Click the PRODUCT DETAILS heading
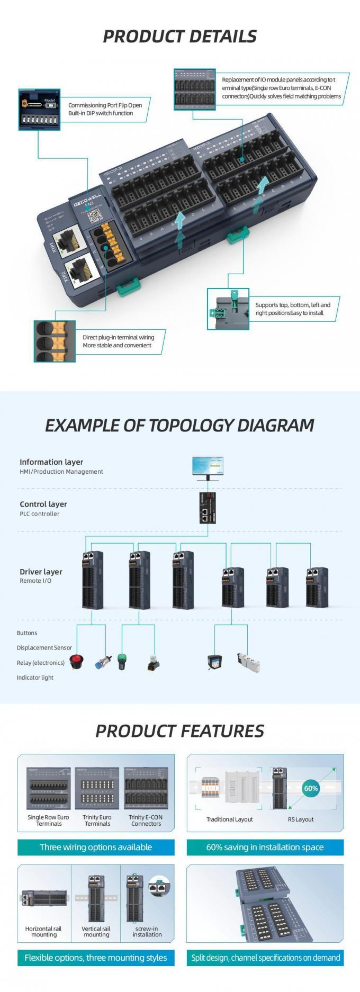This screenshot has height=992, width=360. pos(179,36)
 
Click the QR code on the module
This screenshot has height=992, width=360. pos(95,216)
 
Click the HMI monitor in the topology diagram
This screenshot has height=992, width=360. pos(208,467)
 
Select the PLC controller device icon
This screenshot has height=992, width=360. pos(208,508)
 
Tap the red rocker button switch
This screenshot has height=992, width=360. pos(77,662)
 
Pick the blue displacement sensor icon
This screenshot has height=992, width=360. pos(101,663)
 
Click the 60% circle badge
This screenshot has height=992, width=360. pos(311,788)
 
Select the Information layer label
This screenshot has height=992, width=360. pos(51,462)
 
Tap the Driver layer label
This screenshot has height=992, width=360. pos(41,572)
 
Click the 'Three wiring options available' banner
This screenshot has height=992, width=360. pos(96,847)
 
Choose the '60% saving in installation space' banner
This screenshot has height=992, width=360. pos(265,847)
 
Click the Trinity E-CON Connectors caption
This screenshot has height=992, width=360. pos(146,820)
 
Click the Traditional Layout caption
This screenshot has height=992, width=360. pos(229,819)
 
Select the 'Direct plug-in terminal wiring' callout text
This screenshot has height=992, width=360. pos(118,341)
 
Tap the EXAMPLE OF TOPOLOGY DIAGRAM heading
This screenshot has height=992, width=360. pos(179,426)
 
